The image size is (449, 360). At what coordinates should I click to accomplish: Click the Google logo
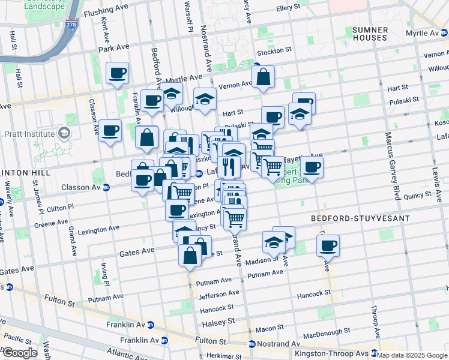(20, 353)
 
